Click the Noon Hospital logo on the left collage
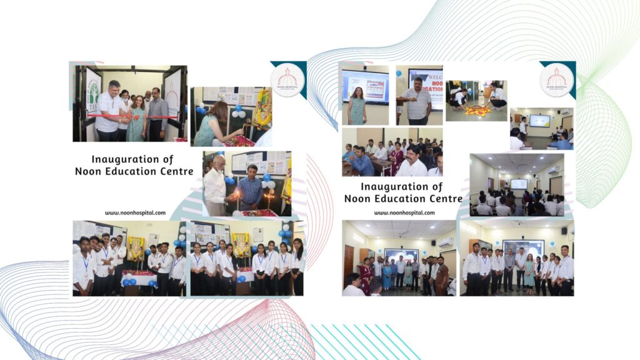pos(287,79)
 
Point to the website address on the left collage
pos(135,212)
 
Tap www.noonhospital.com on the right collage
pos(404,212)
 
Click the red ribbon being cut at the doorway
pos(131,116)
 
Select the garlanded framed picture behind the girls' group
pos(241,244)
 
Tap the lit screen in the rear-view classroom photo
pos(518,184)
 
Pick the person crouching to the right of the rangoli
pos(497,97)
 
